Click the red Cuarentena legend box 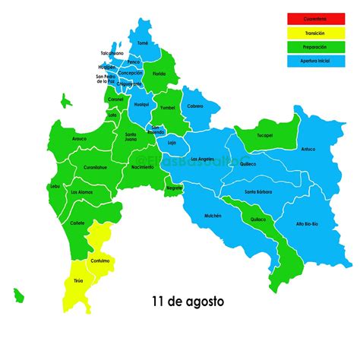(316, 18)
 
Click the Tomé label (143, 44)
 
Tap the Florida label (159, 74)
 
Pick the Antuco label (308, 149)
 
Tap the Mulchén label (213, 216)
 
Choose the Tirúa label (79, 280)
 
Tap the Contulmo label (99, 261)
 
